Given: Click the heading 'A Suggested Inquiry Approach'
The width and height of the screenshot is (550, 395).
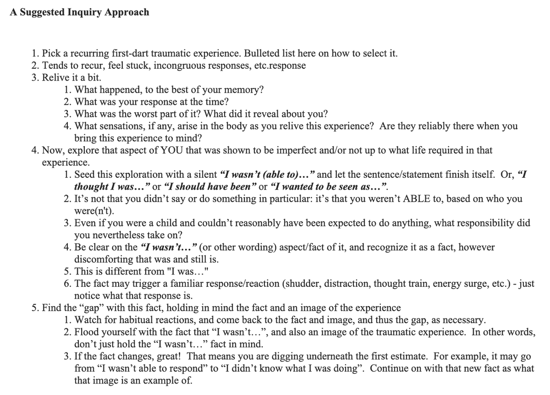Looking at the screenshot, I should [79, 12].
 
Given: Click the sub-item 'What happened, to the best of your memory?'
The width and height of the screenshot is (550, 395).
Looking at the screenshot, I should [169, 89].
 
